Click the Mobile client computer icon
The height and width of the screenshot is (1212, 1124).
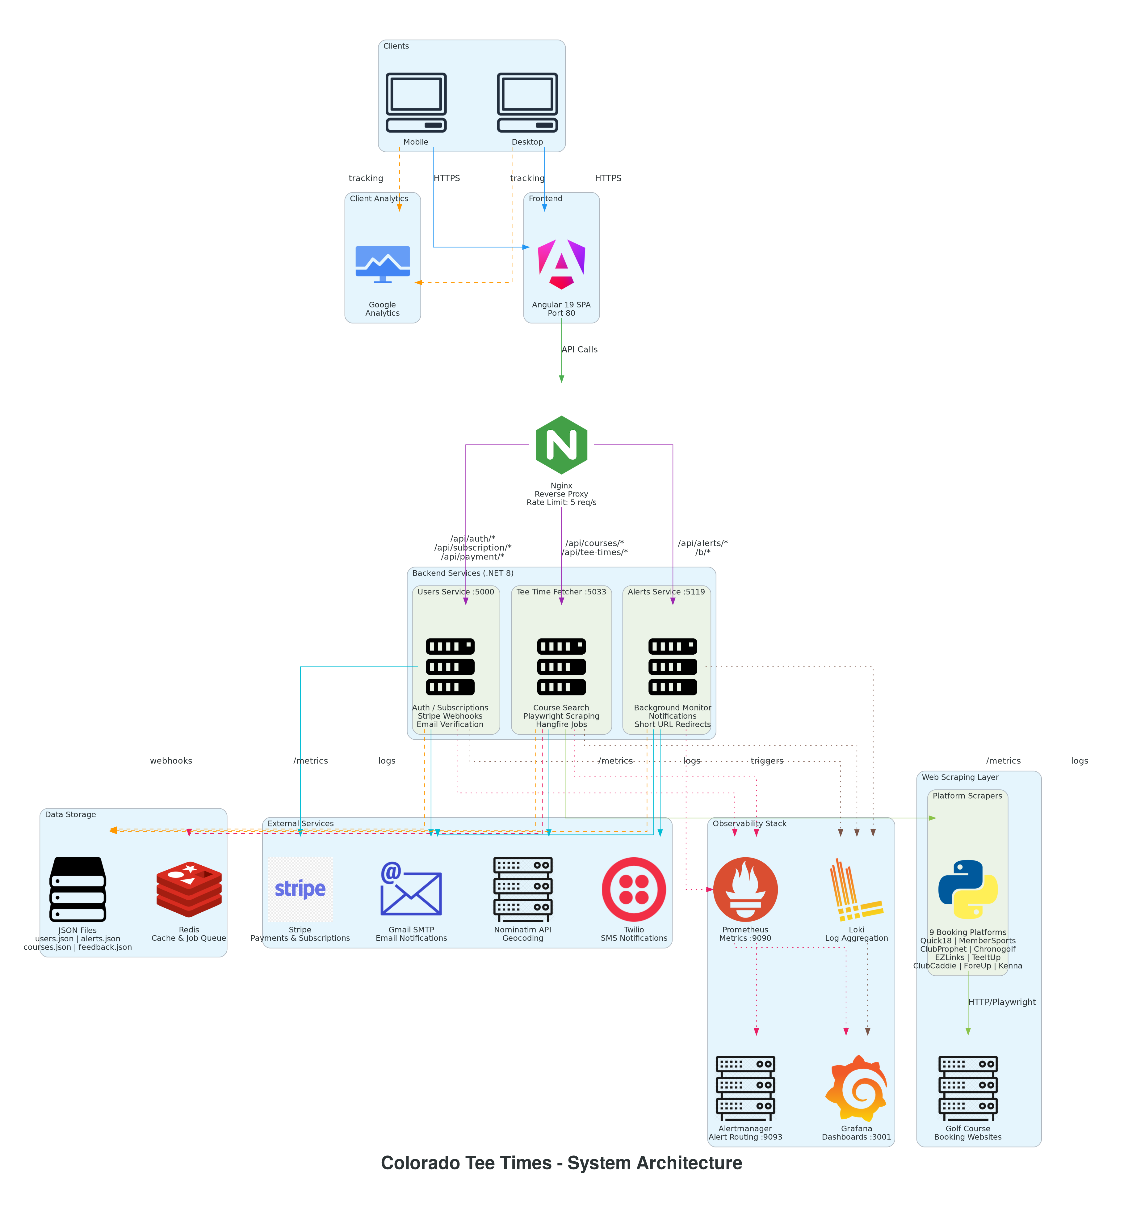pyautogui.click(x=416, y=102)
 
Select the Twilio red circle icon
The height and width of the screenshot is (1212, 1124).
pyautogui.click(x=634, y=889)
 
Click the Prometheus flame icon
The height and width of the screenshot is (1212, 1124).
pyautogui.click(x=745, y=889)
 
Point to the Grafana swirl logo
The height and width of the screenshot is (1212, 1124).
pyautogui.click(x=856, y=1088)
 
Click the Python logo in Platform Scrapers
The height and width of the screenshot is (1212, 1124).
pyautogui.click(x=968, y=889)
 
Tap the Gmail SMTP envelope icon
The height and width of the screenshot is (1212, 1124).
pyautogui.click(x=411, y=889)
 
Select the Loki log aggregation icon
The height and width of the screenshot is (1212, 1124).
pyautogui.click(x=856, y=889)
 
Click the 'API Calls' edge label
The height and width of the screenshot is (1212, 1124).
pyautogui.click(x=579, y=349)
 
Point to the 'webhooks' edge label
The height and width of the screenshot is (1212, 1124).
pyautogui.click(x=171, y=761)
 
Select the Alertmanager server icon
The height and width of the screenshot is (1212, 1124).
pyautogui.click(x=745, y=1088)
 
